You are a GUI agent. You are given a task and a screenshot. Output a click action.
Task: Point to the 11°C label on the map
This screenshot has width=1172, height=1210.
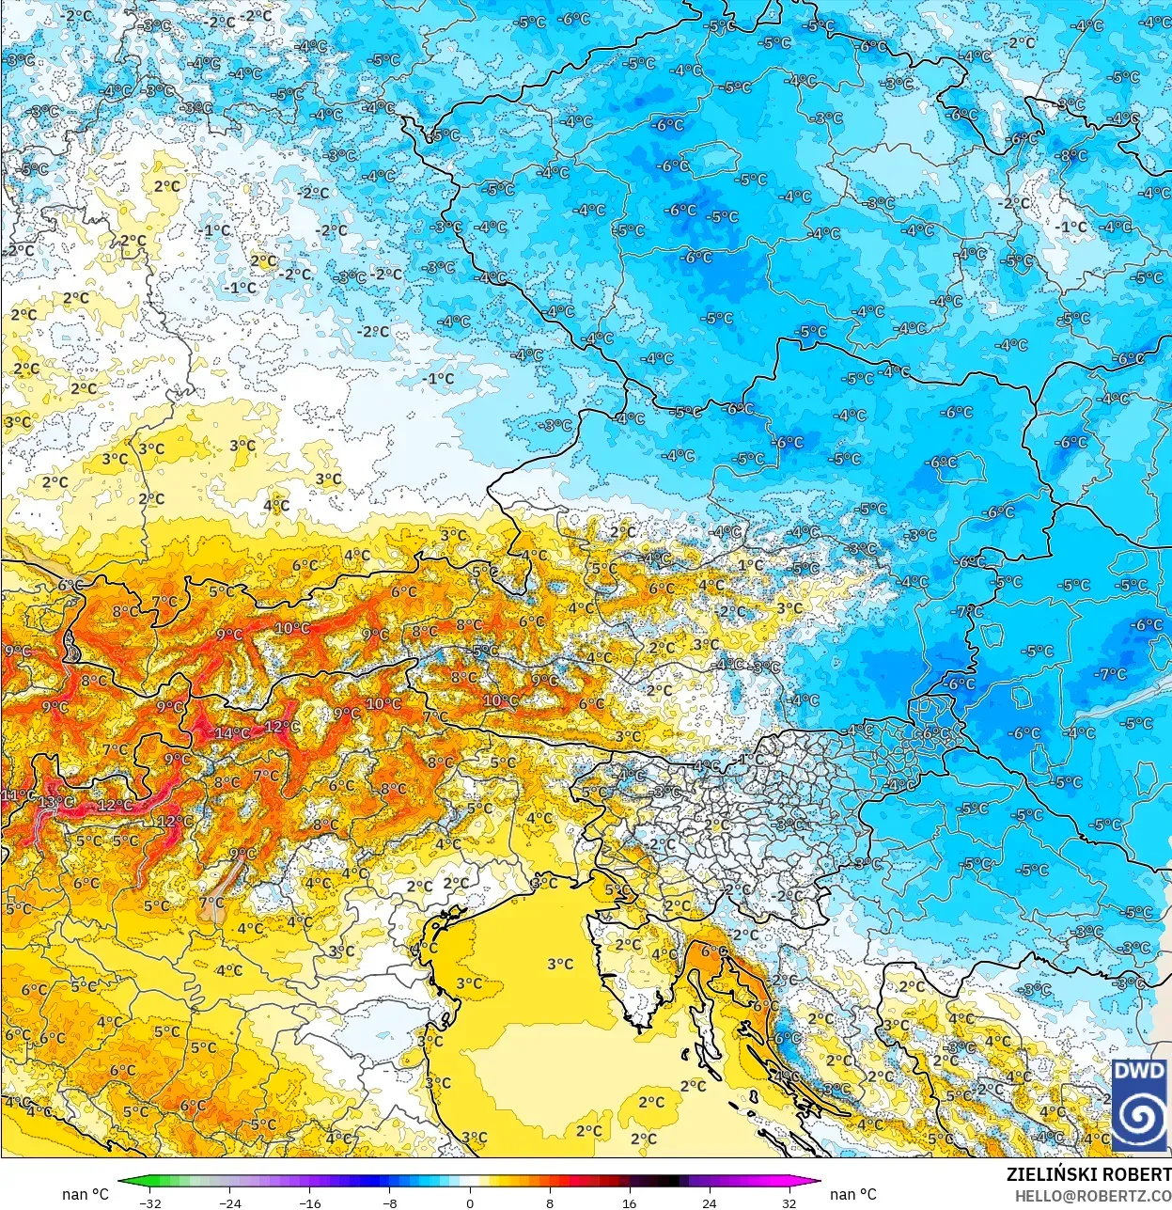(17, 795)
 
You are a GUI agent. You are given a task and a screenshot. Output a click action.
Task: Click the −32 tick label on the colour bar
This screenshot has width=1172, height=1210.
(149, 1202)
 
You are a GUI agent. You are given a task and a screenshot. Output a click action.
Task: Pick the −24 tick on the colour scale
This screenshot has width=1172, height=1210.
(229, 1202)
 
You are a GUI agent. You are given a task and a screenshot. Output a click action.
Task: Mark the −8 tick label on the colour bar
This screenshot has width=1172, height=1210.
(390, 1202)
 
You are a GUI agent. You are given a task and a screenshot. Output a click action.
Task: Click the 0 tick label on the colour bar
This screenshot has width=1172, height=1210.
(470, 1202)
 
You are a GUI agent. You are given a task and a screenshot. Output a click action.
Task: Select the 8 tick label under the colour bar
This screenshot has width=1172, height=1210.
(550, 1202)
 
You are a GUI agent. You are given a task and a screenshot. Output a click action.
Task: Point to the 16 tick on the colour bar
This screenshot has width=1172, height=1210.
(629, 1202)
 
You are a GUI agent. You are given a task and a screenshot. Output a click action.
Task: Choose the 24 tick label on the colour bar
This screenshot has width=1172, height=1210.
(709, 1202)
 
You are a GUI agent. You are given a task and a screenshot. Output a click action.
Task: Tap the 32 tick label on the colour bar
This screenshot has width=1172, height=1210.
(789, 1202)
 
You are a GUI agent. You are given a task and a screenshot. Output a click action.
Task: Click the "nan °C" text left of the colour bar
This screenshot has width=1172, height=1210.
(86, 1194)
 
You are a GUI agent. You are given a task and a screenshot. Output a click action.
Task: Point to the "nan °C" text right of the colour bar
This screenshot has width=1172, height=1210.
(853, 1194)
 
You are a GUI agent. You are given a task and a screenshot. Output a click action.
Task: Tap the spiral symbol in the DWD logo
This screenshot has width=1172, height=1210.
(1139, 1117)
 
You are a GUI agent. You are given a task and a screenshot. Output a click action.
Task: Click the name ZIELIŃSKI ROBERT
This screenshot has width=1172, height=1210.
(1088, 1174)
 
